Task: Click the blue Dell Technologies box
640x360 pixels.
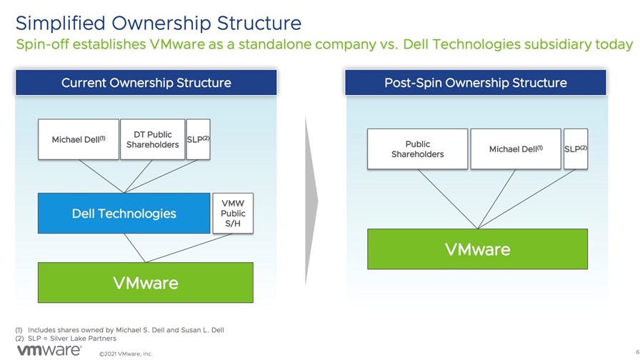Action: (x=124, y=214)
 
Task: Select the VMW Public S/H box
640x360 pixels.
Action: (x=233, y=214)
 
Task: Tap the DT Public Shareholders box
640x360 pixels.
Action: (x=153, y=139)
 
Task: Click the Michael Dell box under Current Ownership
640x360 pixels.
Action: (x=79, y=139)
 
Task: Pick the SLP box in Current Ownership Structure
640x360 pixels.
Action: (x=199, y=139)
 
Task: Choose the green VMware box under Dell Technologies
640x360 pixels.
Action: (x=146, y=282)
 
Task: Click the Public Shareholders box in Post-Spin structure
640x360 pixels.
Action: (x=418, y=149)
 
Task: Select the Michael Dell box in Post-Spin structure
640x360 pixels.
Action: (x=516, y=149)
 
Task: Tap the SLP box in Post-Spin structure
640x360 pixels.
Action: (x=576, y=149)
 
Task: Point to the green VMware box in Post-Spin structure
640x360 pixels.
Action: (x=478, y=249)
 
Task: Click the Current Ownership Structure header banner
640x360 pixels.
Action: (x=146, y=82)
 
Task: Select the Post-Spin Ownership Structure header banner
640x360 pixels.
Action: (x=476, y=82)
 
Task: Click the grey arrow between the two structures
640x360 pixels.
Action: (x=311, y=201)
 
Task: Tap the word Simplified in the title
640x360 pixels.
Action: (x=61, y=24)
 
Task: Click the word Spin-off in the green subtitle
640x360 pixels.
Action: (x=40, y=44)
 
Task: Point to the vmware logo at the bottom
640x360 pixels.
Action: (x=49, y=350)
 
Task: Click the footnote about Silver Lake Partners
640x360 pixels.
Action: (x=66, y=339)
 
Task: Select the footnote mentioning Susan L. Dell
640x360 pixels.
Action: (x=120, y=330)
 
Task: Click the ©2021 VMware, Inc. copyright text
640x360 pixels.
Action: (x=126, y=354)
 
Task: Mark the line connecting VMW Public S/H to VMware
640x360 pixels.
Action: (x=189, y=248)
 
